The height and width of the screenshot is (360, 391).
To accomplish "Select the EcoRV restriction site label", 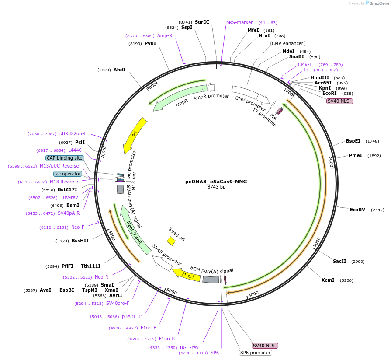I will [x=357, y=210].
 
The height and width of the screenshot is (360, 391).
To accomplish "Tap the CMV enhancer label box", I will [x=287, y=43].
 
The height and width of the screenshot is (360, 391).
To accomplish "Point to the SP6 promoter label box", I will [x=255, y=353].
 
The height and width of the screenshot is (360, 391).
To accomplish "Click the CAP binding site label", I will [x=65, y=158].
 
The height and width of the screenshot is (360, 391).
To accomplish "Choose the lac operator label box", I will [x=68, y=174].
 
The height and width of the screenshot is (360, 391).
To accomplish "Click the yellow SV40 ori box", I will [x=171, y=241].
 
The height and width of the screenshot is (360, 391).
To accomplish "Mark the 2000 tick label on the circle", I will [x=331, y=162].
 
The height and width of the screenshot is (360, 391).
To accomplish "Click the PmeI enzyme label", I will [x=355, y=155].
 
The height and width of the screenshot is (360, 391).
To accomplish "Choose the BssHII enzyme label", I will [x=80, y=241].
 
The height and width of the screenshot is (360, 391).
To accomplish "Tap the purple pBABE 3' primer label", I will [x=131, y=316].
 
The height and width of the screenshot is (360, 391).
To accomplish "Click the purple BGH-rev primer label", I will [x=189, y=348].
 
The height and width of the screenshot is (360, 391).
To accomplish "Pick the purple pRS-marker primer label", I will [x=239, y=22].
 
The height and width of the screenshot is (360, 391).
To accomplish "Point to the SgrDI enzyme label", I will [x=202, y=22].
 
